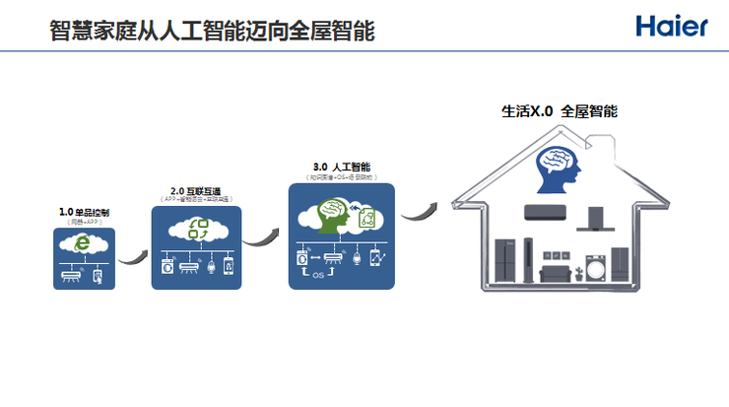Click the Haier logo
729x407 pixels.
click(x=672, y=27)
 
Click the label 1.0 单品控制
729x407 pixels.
click(x=84, y=212)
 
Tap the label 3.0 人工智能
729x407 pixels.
click(x=341, y=168)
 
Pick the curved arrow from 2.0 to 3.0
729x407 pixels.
click(x=260, y=235)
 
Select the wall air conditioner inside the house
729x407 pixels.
click(x=547, y=211)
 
